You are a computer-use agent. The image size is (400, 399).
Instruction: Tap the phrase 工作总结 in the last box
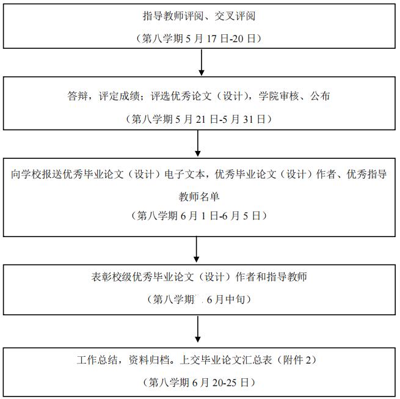[x=96, y=360]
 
